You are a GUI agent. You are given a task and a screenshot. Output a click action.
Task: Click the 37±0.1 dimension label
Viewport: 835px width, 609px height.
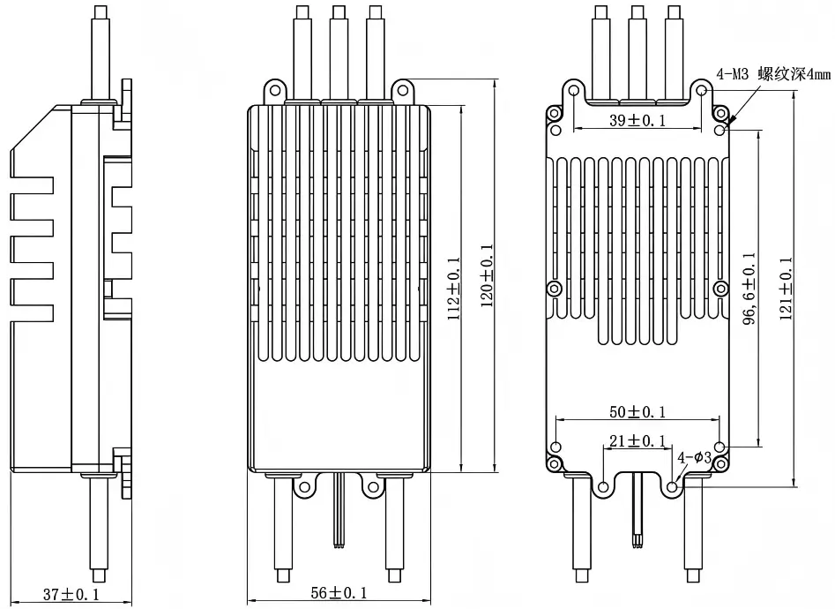(66, 594)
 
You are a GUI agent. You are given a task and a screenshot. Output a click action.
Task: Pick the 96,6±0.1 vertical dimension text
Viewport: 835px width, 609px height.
(749, 288)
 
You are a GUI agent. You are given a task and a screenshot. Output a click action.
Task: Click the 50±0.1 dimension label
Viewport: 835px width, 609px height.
(637, 412)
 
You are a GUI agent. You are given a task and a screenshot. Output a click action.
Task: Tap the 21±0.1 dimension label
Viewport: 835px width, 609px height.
(637, 440)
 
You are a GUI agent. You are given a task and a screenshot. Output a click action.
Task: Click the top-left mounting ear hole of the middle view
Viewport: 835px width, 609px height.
(272, 88)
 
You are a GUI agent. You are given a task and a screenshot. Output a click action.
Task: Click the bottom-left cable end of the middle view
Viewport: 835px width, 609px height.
(282, 575)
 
